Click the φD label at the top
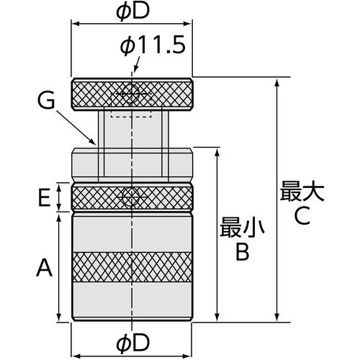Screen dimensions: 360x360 coord(132,12)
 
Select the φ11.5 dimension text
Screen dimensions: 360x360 coord(153,45)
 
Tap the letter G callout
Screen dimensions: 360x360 coord(46,101)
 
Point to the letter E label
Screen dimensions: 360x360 coord(45,198)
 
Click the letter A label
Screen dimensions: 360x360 coord(45,268)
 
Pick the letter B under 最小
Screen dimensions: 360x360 coord(243,252)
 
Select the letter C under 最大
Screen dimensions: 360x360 coord(302,216)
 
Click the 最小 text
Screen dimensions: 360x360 coord(242,228)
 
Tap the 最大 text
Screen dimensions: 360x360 coord(302,192)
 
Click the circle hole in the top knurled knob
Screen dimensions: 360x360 coord(130,94)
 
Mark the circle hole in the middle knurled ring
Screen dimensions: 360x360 coord(130,197)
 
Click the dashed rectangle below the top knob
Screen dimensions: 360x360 coord(131,114)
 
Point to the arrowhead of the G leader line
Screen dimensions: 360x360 coord(94,143)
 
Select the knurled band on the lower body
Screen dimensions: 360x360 coord(132,267)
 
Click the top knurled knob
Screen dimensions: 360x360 coord(132,94)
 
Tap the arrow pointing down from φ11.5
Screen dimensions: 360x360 coord(136,65)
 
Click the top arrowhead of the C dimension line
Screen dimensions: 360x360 coord(277,82)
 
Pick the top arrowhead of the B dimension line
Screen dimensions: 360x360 coord(217,152)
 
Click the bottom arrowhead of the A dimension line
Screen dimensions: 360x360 coord(59,317)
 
